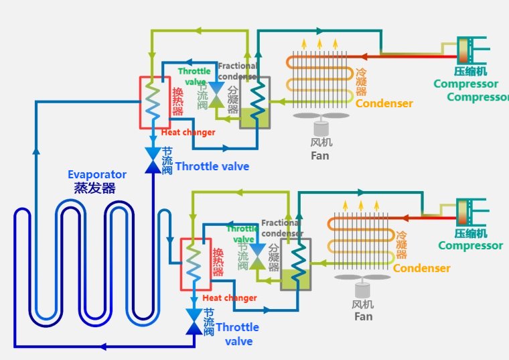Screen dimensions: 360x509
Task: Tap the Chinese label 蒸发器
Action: tap(94, 188)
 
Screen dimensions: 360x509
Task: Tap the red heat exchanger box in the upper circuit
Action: tap(154, 102)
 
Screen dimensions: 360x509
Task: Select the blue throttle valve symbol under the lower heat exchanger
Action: tap(194, 321)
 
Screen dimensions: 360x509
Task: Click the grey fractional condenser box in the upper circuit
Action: tap(254, 102)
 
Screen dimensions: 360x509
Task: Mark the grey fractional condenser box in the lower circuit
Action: tap(295, 263)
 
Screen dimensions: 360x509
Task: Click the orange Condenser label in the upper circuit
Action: tap(384, 103)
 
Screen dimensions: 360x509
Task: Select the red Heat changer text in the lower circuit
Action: tap(230, 298)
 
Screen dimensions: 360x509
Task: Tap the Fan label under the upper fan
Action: tap(320, 156)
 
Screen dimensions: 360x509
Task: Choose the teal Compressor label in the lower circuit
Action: tap(470, 245)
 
